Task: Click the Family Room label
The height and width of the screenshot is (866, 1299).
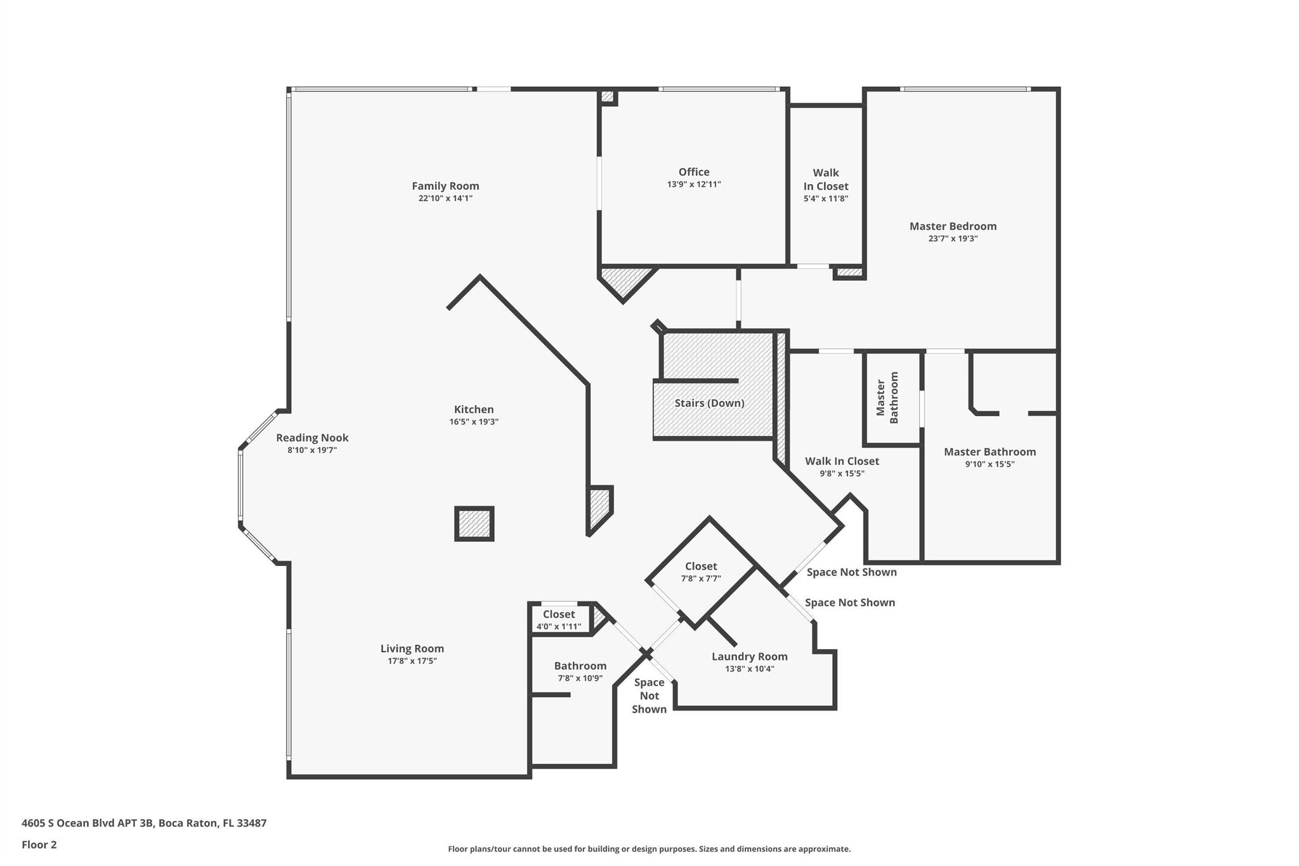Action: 445,186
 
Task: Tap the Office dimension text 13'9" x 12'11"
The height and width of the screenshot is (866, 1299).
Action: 693,185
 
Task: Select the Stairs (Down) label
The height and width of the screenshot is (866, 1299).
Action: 709,403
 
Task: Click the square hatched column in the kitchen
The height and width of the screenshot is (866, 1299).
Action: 474,524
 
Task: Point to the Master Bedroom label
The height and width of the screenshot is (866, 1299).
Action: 953,226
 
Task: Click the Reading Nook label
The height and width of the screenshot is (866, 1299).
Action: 312,438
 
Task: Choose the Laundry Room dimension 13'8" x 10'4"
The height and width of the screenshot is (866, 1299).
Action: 750,669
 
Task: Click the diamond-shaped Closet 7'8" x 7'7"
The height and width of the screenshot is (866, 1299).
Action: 701,572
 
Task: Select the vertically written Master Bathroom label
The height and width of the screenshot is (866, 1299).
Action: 887,398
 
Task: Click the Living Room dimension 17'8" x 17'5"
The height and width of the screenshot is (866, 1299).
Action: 412,661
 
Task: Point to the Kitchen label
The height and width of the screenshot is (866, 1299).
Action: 474,410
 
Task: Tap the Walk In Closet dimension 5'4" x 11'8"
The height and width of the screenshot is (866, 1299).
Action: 826,199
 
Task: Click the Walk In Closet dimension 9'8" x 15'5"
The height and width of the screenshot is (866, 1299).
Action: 842,473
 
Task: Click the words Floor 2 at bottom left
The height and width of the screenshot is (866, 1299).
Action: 39,844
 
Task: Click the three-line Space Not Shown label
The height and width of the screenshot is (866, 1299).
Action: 649,696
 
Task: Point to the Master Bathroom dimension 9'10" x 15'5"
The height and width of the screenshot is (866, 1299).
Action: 989,464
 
